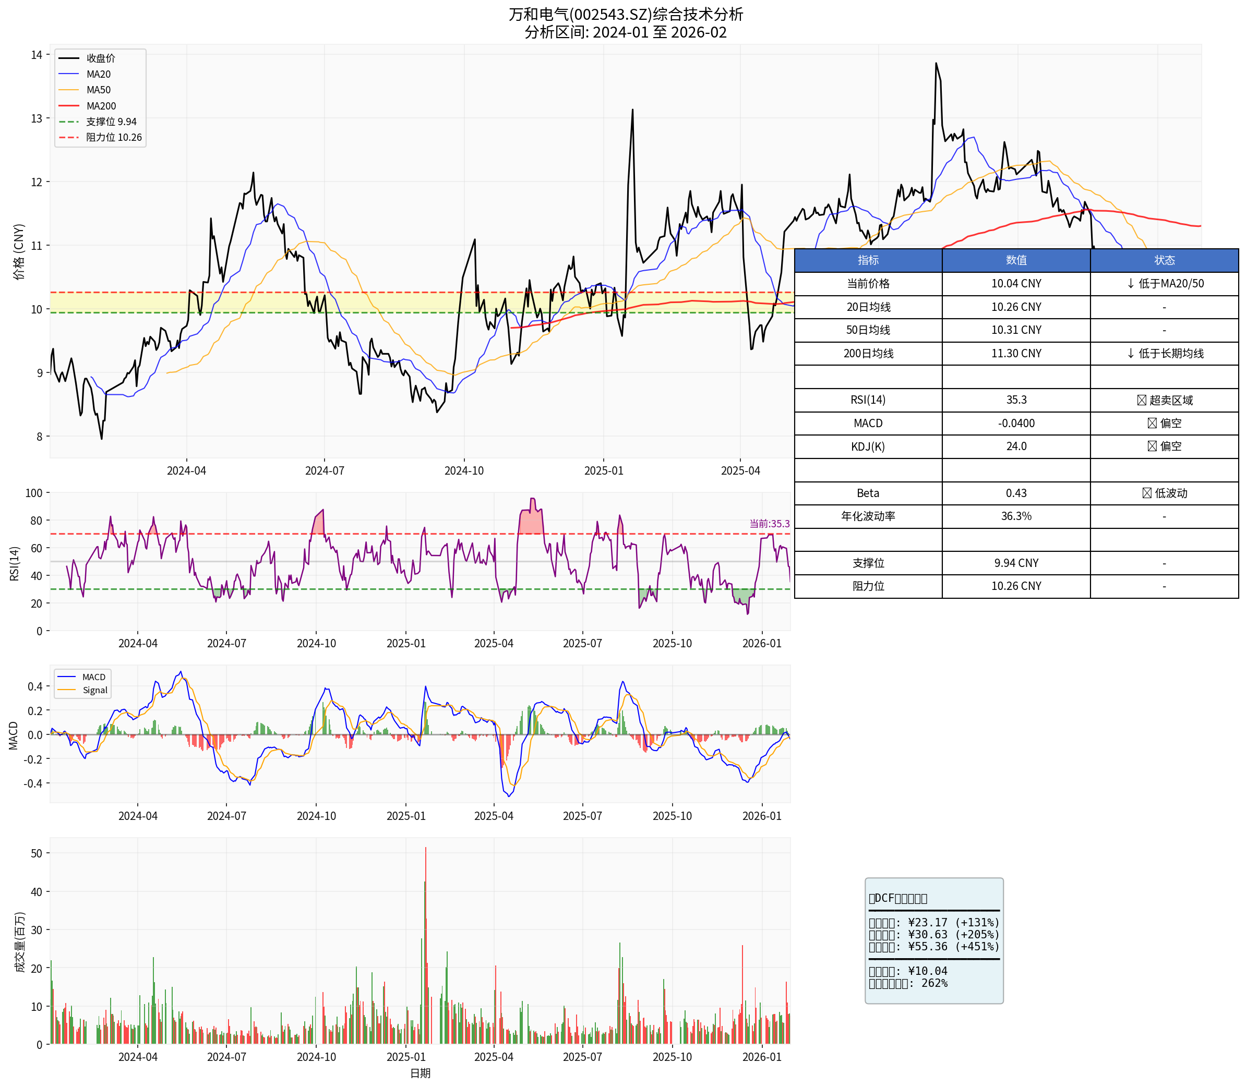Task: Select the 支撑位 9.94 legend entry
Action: tap(111, 122)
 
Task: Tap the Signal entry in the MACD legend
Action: tap(94, 690)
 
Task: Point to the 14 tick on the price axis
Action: tap(37, 55)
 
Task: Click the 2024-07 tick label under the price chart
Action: tap(324, 470)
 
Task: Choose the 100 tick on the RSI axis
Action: tap(34, 493)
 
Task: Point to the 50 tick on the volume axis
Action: tap(37, 853)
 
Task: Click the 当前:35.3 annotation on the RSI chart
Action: tap(769, 524)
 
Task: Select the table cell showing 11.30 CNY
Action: tap(1016, 354)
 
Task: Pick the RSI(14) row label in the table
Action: tap(868, 400)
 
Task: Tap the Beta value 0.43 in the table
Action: tap(1016, 493)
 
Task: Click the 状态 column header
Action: tap(1164, 260)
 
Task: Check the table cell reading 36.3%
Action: tap(1016, 516)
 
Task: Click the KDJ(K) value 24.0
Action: tap(1016, 446)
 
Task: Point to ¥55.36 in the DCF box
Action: tap(927, 946)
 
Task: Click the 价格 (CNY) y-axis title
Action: tap(19, 252)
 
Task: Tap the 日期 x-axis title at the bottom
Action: tap(420, 1073)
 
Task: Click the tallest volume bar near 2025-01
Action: tap(425, 849)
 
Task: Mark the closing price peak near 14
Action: tap(936, 63)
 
